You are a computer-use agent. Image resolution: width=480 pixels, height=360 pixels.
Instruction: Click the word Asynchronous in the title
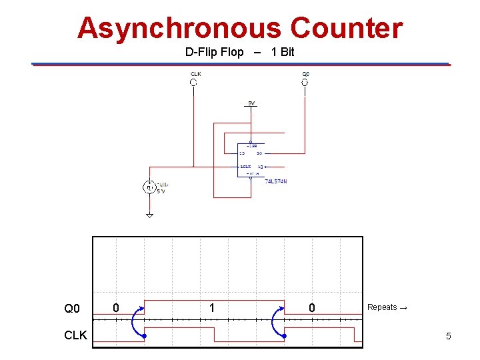(180, 29)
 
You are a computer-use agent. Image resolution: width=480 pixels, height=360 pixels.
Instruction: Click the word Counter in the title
(347, 29)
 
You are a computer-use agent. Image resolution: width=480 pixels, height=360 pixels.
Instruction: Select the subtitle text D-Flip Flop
(215, 52)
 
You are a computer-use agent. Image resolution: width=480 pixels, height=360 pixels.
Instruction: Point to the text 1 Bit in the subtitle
(283, 52)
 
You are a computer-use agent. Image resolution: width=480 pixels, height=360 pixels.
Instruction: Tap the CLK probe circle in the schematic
(193, 83)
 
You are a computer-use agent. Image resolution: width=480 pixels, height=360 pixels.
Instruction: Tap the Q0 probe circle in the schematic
(304, 83)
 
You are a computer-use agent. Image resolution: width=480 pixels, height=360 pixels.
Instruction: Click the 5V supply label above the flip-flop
(251, 103)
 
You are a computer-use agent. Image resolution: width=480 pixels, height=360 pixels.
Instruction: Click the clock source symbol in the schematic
(150, 187)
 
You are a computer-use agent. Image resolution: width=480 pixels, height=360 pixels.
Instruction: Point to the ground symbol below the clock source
(149, 215)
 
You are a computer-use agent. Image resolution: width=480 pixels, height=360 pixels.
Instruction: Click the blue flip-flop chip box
(251, 160)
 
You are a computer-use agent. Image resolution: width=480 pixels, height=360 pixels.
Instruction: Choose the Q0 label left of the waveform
(72, 309)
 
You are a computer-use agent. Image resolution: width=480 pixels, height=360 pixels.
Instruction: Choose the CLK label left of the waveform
(75, 335)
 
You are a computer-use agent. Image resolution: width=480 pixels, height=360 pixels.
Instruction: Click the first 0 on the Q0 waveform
(116, 308)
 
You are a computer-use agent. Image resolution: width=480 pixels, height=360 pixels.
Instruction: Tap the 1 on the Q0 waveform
(211, 308)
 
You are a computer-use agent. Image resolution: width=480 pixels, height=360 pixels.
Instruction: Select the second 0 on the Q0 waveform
(311, 308)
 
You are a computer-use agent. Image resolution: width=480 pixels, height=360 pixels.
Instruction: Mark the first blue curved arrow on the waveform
(137, 322)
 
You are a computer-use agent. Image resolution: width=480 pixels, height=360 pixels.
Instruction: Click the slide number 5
(448, 337)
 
